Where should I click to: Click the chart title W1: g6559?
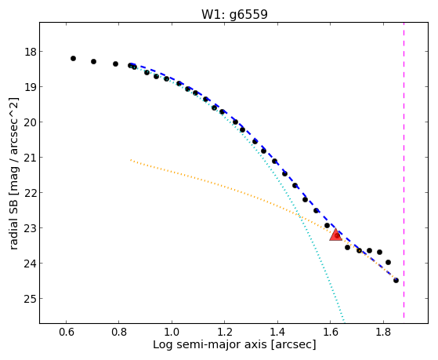click(x=234, y=14)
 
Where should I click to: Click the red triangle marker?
click(x=336, y=235)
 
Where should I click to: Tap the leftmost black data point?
click(x=73, y=59)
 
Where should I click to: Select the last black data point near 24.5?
click(x=396, y=280)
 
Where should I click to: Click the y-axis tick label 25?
click(x=30, y=299)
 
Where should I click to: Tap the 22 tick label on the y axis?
click(x=30, y=193)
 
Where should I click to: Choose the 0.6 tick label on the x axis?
click(x=66, y=333)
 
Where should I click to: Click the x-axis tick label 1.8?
click(x=383, y=333)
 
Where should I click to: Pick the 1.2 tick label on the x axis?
click(x=225, y=333)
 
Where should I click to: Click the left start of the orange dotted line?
click(x=130, y=160)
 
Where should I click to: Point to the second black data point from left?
click(x=93, y=61)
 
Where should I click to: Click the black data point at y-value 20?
click(x=236, y=122)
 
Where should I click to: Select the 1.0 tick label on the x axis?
click(x=172, y=333)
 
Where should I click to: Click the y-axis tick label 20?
click(x=30, y=122)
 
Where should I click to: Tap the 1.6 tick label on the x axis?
click(x=331, y=333)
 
